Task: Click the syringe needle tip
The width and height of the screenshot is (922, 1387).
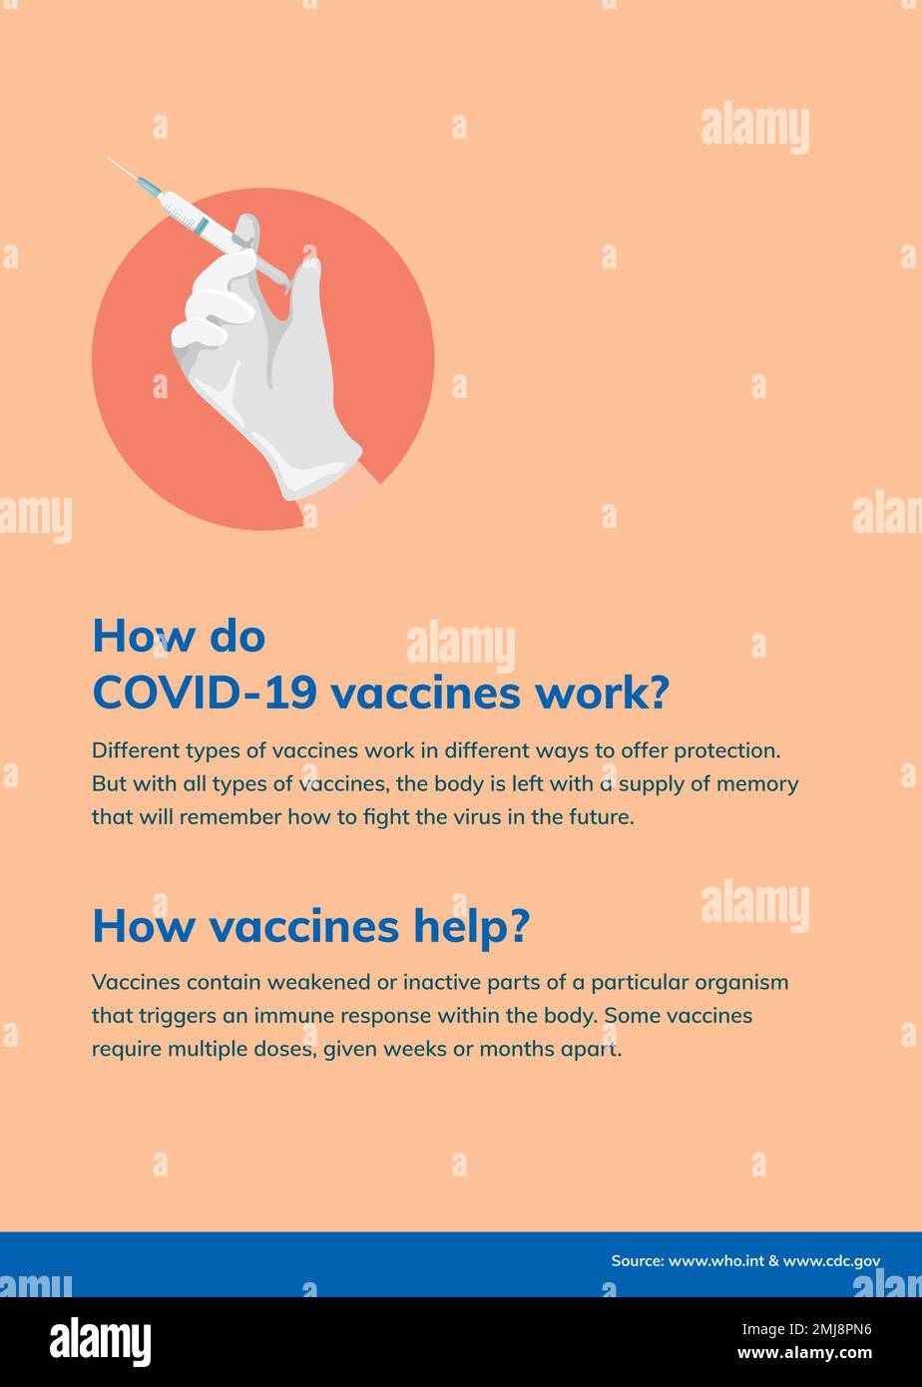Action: click(110, 159)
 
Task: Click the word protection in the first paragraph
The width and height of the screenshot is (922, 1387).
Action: click(725, 750)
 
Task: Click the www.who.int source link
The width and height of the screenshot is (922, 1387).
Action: click(715, 1261)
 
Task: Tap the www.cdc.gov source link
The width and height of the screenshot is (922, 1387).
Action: click(831, 1261)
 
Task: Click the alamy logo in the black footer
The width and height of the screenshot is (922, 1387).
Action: click(101, 1341)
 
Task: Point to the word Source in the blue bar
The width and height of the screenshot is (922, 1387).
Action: click(637, 1261)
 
